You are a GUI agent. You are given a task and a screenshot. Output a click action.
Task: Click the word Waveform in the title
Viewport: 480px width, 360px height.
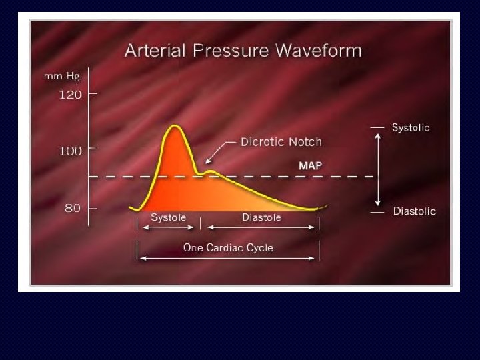(x=318, y=51)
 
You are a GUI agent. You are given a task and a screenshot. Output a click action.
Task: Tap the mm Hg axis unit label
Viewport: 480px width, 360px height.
(x=62, y=76)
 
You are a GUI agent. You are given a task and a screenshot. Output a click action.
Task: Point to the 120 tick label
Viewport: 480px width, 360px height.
(x=70, y=95)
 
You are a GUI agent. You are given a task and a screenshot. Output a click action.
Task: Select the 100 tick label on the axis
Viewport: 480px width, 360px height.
(x=70, y=151)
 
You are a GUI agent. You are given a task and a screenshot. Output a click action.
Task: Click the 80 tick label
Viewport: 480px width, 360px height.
(x=72, y=208)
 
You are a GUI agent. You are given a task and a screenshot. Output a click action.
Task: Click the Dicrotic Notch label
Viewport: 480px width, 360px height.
(x=281, y=141)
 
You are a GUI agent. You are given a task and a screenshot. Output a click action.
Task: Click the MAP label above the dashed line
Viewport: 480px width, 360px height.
(x=310, y=165)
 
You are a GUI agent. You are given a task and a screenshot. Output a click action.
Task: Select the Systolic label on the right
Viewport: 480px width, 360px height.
(x=410, y=127)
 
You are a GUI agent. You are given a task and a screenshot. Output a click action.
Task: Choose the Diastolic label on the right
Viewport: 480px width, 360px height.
(x=413, y=211)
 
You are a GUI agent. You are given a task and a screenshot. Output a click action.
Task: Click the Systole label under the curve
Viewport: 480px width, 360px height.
(x=168, y=217)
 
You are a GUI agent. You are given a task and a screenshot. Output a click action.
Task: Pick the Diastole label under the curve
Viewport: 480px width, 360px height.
(x=261, y=217)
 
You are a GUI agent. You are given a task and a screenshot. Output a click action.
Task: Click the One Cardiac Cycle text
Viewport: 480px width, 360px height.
(x=228, y=247)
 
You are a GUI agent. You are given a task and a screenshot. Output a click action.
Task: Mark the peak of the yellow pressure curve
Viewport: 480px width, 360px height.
(x=175, y=125)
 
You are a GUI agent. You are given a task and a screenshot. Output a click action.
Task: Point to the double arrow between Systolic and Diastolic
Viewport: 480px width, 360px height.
(x=378, y=169)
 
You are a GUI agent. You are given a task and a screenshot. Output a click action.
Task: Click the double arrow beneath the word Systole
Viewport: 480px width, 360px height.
(x=168, y=227)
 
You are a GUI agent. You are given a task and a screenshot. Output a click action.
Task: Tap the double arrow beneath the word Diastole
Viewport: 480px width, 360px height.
(x=261, y=227)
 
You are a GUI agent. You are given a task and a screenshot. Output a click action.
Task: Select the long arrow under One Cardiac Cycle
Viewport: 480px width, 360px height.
(x=228, y=258)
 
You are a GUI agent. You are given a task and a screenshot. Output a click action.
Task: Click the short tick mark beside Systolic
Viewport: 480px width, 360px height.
(x=377, y=127)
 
